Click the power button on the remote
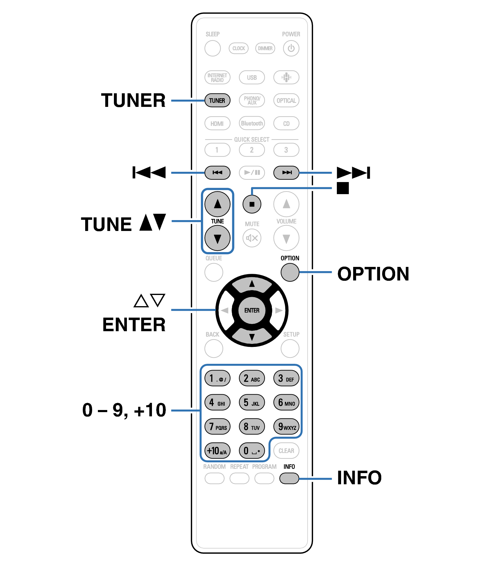tap(291, 48)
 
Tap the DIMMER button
tap(265, 48)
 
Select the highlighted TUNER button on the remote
tap(217, 101)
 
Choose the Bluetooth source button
tap(252, 123)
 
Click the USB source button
tap(252, 77)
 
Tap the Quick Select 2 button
tap(252, 150)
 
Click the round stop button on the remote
tap(252, 204)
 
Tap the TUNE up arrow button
tap(217, 204)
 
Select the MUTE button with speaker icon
tap(252, 238)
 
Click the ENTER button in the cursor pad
tap(252, 310)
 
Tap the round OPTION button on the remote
tap(290, 272)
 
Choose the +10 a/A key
tap(217, 451)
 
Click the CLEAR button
tap(286, 451)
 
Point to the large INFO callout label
tap(359, 478)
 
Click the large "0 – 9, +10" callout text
tap(124, 410)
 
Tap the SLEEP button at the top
tap(212, 48)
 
